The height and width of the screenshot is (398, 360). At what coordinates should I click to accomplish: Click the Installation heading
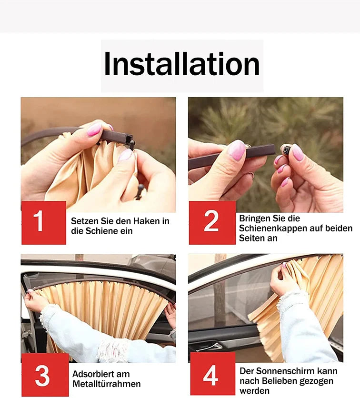[x=182, y=65]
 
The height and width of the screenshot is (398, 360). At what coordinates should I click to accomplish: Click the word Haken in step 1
[x=141, y=221]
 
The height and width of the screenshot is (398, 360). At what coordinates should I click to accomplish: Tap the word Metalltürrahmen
[x=106, y=384]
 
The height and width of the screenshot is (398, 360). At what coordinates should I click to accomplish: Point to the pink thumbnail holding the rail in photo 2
[x=237, y=149]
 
